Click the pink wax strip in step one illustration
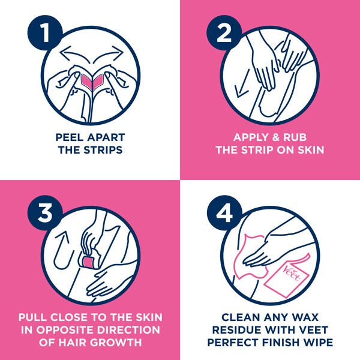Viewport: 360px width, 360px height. tap(91, 80)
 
